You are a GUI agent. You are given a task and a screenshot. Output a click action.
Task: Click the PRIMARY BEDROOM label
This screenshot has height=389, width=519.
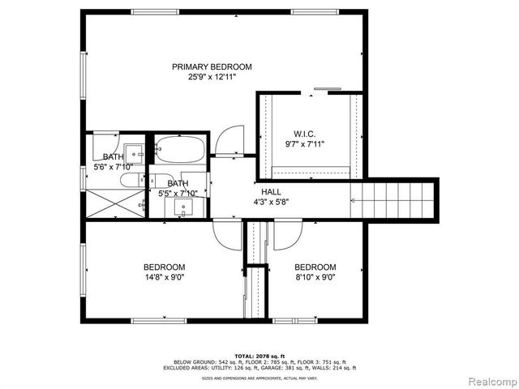(211, 66)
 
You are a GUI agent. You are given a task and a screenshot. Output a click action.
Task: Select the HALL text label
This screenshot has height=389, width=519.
(271, 191)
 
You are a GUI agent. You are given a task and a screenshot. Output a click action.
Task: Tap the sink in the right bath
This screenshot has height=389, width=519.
(183, 207)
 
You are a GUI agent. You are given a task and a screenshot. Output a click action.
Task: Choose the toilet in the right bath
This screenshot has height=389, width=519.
(161, 179)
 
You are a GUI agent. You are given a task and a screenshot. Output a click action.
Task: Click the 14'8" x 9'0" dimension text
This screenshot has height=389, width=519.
(165, 277)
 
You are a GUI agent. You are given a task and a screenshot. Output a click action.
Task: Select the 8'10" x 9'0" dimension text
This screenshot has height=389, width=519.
(315, 277)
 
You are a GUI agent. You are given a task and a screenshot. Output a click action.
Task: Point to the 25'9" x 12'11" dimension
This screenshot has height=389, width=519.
(211, 77)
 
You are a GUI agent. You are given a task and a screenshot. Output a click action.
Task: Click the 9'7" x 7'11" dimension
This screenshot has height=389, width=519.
(304, 144)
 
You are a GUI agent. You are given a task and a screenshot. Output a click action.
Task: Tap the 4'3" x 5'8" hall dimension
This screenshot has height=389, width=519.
(271, 202)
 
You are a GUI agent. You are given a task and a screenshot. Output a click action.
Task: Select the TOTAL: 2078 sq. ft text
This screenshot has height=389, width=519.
(260, 356)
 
